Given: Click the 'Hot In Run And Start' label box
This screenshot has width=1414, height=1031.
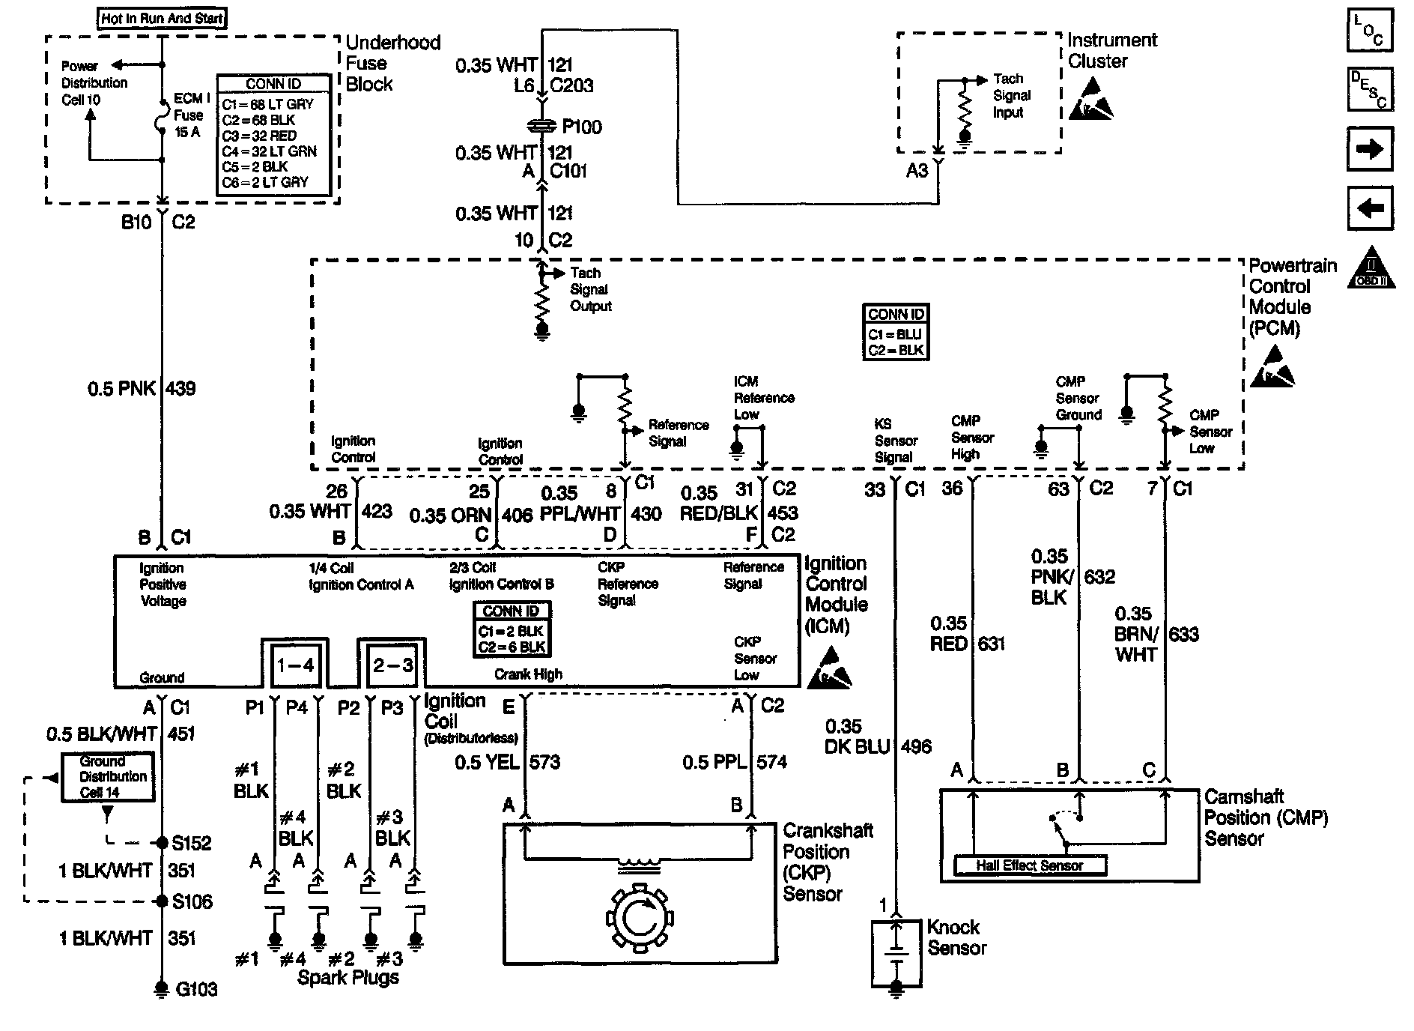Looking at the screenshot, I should (x=162, y=18).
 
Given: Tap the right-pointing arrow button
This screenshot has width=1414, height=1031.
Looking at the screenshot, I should (x=1370, y=149).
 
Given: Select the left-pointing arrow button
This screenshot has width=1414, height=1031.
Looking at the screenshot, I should (x=1370, y=208).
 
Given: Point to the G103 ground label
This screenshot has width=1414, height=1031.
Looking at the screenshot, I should (x=196, y=989).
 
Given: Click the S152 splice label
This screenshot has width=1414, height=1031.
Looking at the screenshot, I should (x=192, y=843).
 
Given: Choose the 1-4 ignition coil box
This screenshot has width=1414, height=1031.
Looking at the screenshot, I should (x=295, y=665).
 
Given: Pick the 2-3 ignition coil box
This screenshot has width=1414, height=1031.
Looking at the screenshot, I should (x=392, y=665).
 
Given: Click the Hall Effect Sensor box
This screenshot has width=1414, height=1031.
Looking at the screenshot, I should (x=1030, y=865).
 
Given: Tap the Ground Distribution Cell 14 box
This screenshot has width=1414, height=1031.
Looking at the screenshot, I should (x=108, y=776).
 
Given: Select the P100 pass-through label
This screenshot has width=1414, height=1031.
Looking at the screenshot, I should (x=582, y=127).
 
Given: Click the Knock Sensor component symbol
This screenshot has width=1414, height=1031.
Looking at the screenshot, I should (x=896, y=952).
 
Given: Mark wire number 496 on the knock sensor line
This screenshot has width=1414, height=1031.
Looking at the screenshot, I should (x=916, y=746).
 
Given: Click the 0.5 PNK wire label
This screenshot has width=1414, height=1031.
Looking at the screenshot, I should (x=121, y=388).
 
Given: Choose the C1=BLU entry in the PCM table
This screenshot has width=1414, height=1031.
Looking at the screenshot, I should (x=895, y=334).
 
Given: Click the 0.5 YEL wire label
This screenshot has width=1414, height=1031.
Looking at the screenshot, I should (x=487, y=762).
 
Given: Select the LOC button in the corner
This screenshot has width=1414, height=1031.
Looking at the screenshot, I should (x=1370, y=31).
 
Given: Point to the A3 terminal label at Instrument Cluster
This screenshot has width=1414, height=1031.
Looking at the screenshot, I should (x=917, y=171).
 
